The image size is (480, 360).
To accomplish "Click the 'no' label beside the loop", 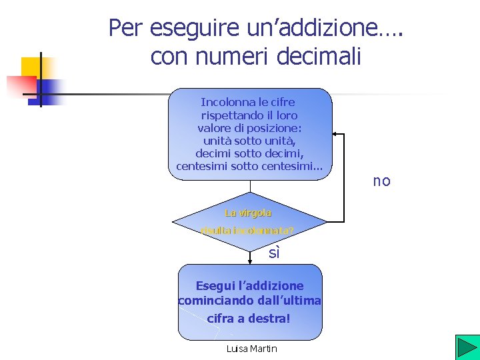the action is click(x=382, y=181).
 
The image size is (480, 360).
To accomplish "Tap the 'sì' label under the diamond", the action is click(x=273, y=253).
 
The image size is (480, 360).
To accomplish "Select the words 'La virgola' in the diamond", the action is click(x=248, y=213).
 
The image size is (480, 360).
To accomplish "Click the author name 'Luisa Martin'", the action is click(x=251, y=349).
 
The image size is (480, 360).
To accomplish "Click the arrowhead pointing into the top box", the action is click(x=336, y=135).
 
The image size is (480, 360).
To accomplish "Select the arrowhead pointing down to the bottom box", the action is click(x=249, y=259).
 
